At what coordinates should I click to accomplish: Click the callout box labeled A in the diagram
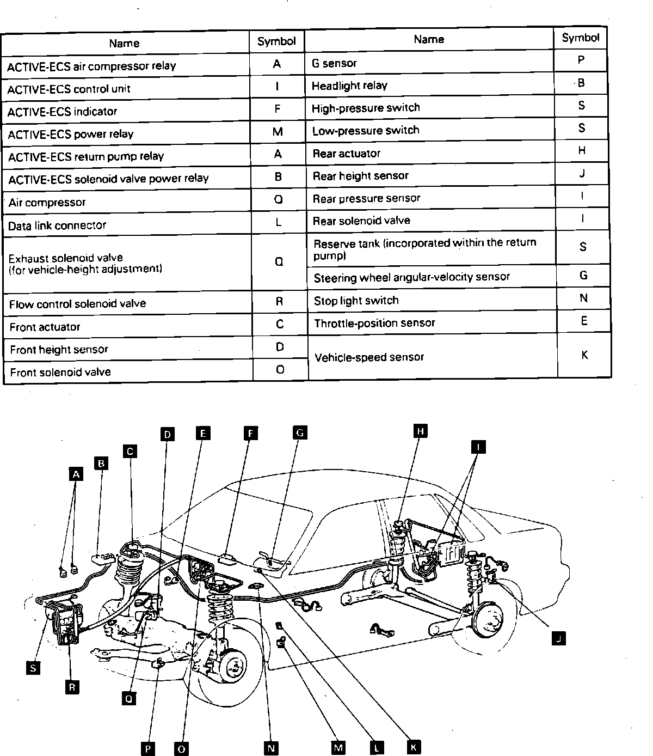[76, 474]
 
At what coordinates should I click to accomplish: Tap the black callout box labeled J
[558, 638]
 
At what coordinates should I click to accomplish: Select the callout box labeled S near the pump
[33, 667]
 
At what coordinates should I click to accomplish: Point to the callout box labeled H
[420, 431]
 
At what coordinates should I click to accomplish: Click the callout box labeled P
[147, 749]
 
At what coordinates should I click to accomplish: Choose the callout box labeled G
[299, 432]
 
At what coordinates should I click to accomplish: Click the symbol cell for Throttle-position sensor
[584, 321]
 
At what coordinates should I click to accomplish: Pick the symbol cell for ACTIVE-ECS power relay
[278, 132]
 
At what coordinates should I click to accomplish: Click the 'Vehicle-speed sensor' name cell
[432, 357]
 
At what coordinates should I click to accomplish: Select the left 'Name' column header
[125, 43]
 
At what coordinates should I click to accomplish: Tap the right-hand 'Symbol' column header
[580, 38]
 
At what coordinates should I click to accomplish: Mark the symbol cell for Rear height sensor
[582, 174]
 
